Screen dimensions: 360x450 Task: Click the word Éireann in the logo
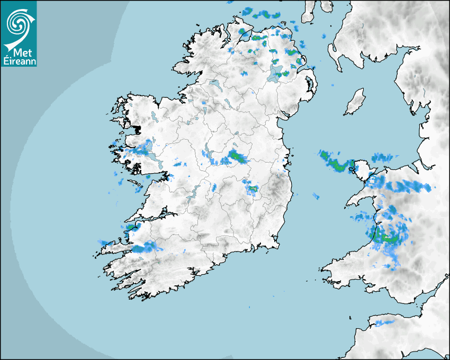(20, 61)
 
